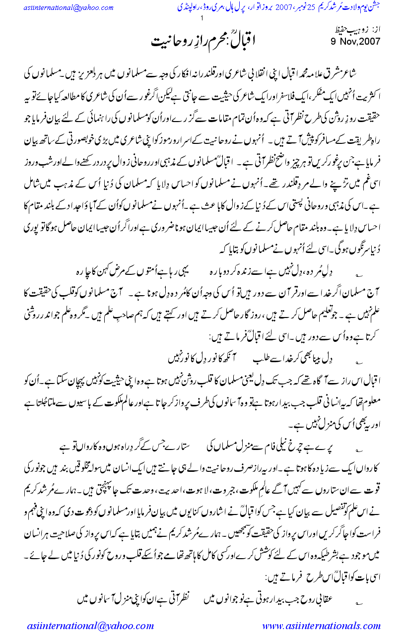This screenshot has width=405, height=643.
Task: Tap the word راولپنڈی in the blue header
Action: click(x=188, y=8)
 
